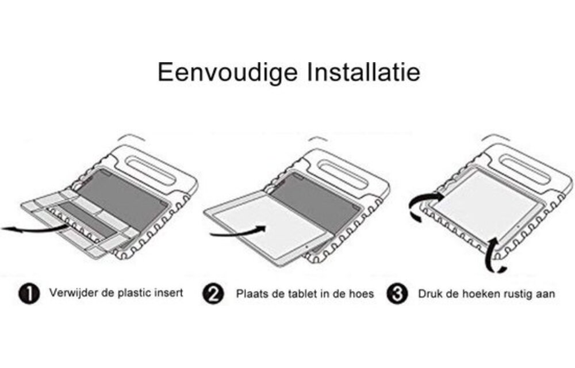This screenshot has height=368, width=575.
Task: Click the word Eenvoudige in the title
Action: click(227, 73)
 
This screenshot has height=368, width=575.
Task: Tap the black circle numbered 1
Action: click(29, 294)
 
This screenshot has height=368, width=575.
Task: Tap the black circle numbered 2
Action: click(213, 294)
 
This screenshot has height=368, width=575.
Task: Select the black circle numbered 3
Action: click(397, 294)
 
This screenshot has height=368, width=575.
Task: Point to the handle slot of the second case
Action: click(343, 172)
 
